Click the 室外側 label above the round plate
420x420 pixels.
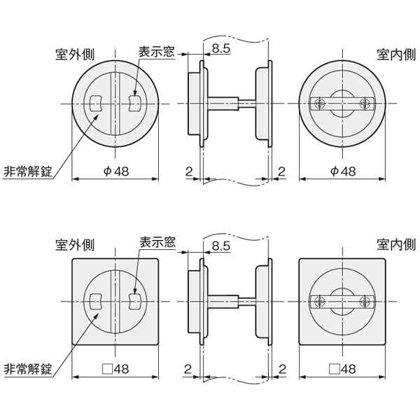click(75, 55)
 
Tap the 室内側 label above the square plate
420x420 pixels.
click(396, 244)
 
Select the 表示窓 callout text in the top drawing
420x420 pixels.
click(157, 52)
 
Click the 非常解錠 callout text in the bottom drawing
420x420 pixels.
click(28, 369)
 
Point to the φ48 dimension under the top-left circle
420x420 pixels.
click(116, 171)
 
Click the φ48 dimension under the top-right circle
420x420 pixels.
click(343, 171)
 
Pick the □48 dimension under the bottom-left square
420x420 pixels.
click(115, 369)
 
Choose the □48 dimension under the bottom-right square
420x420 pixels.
click(342, 369)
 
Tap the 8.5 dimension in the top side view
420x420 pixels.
click(221, 48)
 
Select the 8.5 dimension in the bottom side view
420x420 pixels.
click(221, 246)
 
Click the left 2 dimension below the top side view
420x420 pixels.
click(189, 171)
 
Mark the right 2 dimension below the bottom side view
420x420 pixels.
click(282, 369)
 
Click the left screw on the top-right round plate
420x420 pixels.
click(320, 104)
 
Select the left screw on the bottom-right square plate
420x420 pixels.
click(320, 301)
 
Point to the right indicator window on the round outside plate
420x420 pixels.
click(134, 104)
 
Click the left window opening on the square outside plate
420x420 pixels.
click(96, 301)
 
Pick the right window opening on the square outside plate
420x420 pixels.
click(134, 301)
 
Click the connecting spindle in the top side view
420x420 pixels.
click(232, 104)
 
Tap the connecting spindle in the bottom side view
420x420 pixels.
click(232, 301)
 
